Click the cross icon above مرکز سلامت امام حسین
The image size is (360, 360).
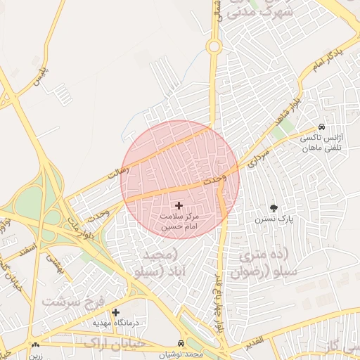point(178,205)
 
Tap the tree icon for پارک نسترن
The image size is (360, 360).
point(274,208)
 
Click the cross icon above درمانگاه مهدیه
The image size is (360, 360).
point(115,312)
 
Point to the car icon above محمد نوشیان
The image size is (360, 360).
point(181,343)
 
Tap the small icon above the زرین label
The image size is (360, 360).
point(35,345)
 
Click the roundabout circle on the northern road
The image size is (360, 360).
point(214,46)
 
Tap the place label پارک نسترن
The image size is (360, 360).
point(274,219)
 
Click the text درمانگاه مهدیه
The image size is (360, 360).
point(116,323)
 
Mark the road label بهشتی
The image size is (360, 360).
point(55,263)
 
